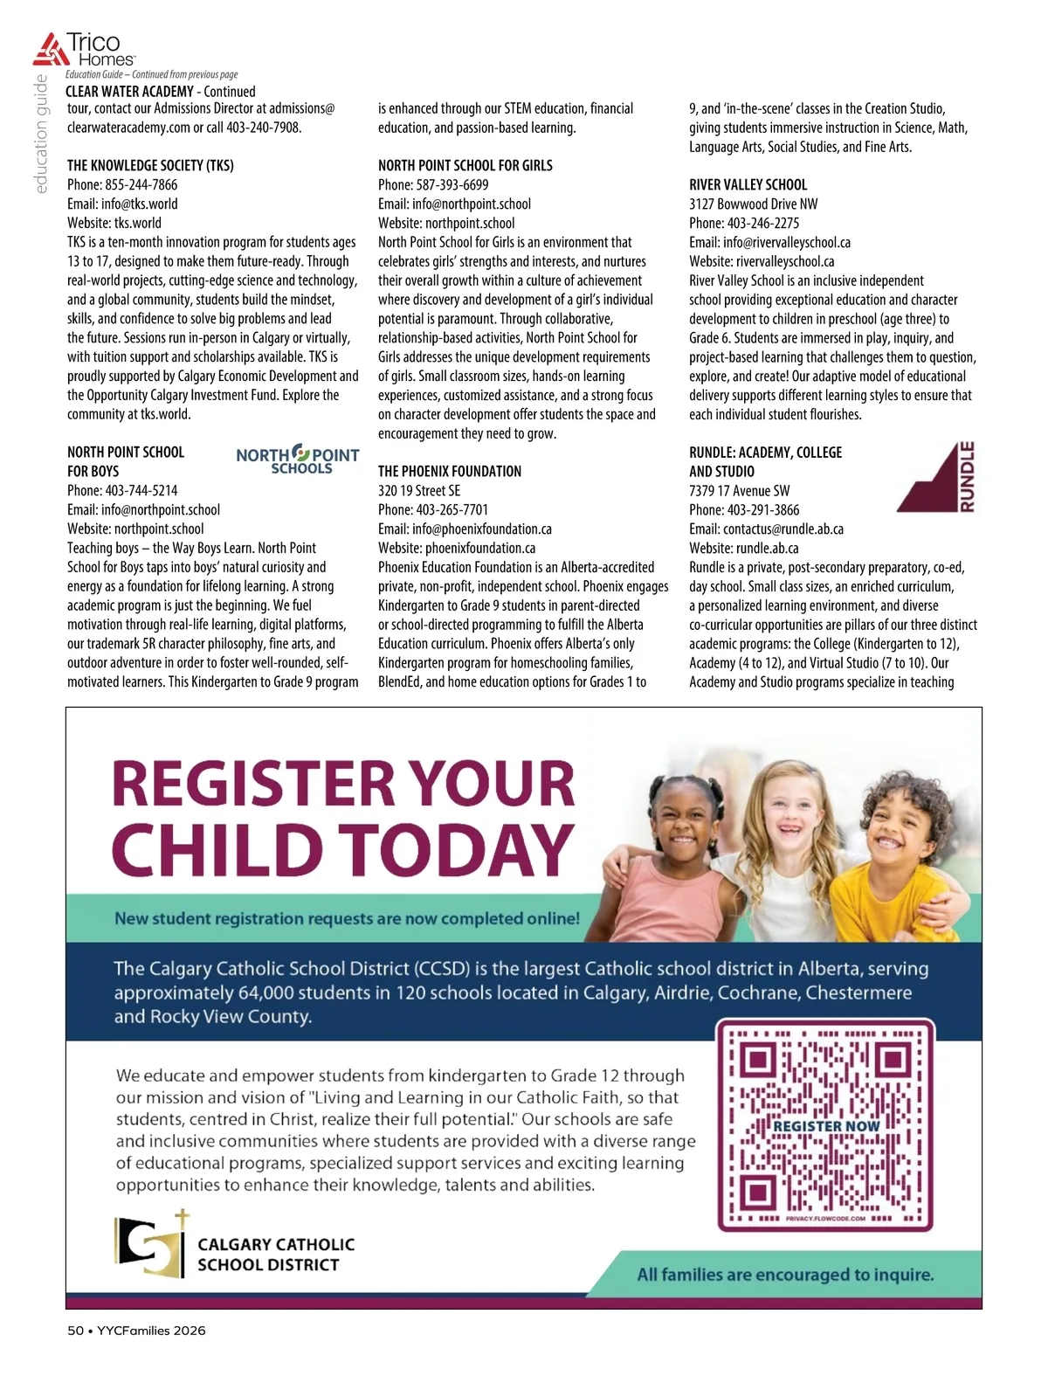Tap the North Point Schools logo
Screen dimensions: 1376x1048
point(298,459)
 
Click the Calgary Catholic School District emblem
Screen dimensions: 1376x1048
point(151,1243)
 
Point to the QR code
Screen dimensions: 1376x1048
point(825,1124)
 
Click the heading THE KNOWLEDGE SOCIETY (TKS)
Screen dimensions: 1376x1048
point(150,165)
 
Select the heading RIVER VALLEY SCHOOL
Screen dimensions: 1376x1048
point(748,184)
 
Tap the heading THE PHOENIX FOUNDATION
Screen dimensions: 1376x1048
point(449,471)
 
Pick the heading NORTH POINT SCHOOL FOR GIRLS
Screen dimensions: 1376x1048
point(465,165)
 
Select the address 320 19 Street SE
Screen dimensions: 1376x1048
point(418,490)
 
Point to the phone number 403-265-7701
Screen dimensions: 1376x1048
point(452,509)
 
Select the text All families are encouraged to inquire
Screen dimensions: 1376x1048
point(785,1275)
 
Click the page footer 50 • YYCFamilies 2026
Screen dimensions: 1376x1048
point(136,1331)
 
